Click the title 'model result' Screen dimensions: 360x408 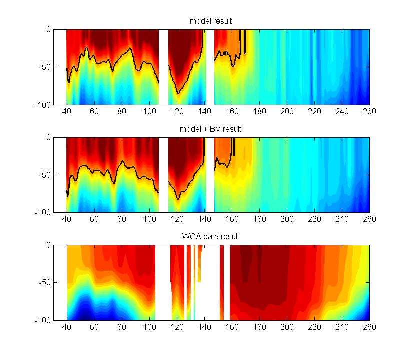coord(210,21)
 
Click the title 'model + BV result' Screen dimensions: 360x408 coord(210,129)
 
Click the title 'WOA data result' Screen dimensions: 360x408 coord(210,236)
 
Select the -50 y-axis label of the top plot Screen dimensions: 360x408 coord(44,67)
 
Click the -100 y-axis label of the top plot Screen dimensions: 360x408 coord(43,105)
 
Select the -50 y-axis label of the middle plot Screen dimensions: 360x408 coord(44,175)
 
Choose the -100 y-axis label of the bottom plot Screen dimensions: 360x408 coord(43,320)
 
